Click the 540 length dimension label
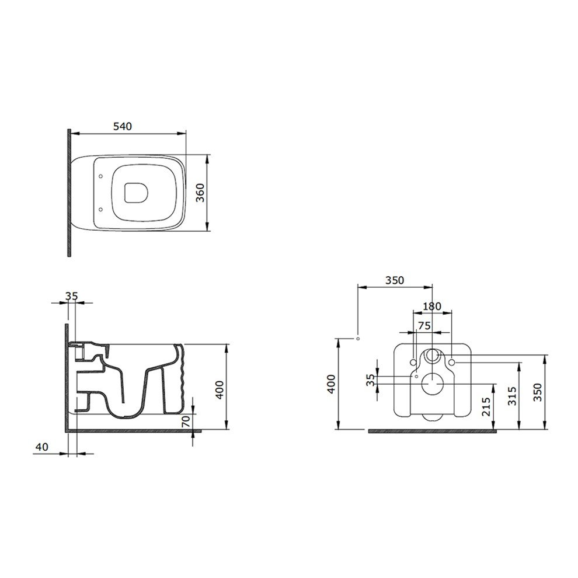click(123, 127)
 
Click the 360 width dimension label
click(200, 193)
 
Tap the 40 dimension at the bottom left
click(41, 447)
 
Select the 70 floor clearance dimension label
click(186, 420)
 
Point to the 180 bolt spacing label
click(432, 307)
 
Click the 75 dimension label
click(424, 326)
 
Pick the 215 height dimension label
click(486, 406)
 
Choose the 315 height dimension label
click(513, 396)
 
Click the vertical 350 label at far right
click(538, 392)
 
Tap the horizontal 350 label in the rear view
click(395, 280)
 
